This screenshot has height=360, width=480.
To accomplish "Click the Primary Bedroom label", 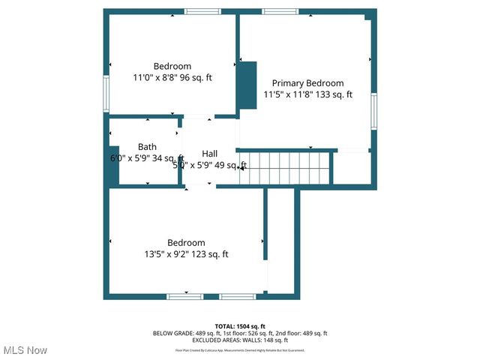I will tap(307, 83).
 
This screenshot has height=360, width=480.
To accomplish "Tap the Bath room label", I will tap(147, 146).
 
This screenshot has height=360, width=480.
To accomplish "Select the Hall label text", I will tap(210, 154).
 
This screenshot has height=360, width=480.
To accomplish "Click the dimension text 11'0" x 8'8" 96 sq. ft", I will tap(172, 77).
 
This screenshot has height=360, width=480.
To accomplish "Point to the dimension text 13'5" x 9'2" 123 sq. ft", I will tap(186, 254).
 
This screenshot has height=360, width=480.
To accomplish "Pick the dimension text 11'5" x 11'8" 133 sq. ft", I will tap(307, 94).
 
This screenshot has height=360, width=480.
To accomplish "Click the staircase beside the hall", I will tap(285, 167).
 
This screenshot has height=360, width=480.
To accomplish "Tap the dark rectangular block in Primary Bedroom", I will tap(247, 88).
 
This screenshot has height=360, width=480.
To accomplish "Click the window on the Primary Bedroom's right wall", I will tap(373, 111).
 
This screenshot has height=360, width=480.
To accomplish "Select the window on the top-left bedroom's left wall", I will tap(106, 94).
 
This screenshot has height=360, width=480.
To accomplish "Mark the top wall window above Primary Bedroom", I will tap(280, 11).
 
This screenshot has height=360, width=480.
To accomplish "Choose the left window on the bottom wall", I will tap(184, 297).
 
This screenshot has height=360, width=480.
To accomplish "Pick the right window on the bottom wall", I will tap(238, 297).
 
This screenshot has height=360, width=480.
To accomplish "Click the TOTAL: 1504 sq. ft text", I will tap(240, 326).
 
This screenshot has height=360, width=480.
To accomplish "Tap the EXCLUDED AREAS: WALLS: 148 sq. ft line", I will tap(240, 340).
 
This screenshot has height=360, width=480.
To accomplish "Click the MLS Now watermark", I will tap(25, 350).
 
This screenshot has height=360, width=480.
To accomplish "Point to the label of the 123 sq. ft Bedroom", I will tap(186, 243).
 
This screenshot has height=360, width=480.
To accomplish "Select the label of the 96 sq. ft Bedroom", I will tap(172, 66).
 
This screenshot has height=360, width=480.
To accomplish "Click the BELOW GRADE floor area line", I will tap(240, 333).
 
